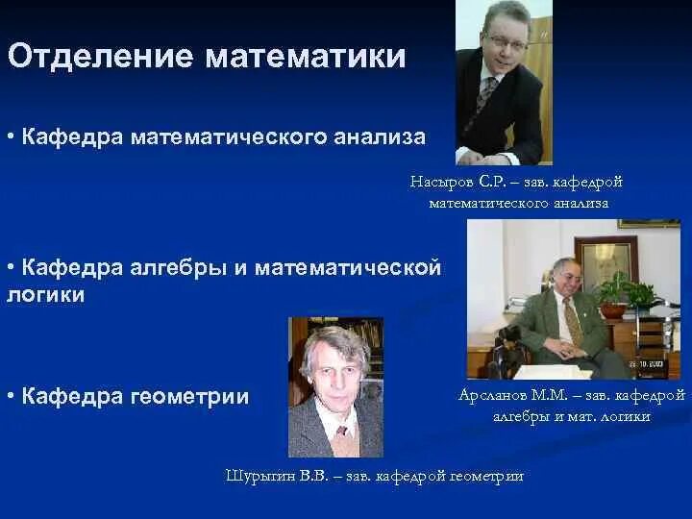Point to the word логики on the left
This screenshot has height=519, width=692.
pyautogui.click(x=45, y=295)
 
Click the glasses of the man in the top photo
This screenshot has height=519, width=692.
pyautogui.click(x=504, y=43)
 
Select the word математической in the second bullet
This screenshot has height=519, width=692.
pyautogui.click(x=350, y=267)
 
